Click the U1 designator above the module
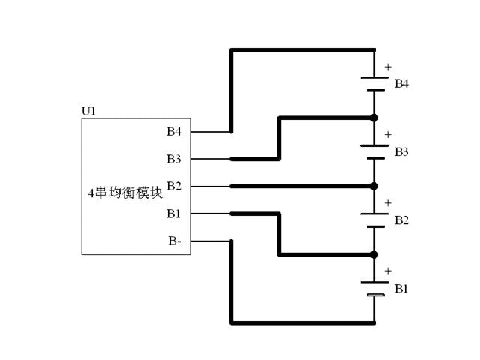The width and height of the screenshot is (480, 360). click(x=88, y=112)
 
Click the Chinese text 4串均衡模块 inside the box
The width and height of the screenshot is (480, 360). click(x=124, y=192)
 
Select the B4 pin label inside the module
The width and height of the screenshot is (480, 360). click(x=174, y=132)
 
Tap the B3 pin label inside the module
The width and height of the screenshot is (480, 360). click(x=174, y=159)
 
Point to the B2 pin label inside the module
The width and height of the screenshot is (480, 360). click(x=174, y=186)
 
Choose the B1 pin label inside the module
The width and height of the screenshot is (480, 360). click(x=174, y=214)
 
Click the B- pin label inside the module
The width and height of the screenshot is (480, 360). click(x=174, y=241)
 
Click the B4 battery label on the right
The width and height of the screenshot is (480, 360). click(x=402, y=83)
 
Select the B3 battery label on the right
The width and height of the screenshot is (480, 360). click(x=402, y=151)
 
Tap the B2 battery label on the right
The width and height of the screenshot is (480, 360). click(x=402, y=220)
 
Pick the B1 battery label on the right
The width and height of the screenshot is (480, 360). click(x=402, y=288)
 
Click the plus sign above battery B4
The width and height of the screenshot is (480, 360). click(x=388, y=67)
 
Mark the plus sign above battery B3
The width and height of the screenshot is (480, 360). click(x=388, y=135)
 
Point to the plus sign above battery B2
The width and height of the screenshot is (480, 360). click(x=388, y=203)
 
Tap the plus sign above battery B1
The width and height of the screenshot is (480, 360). click(x=388, y=271)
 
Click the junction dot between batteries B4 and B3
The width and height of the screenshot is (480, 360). click(x=374, y=118)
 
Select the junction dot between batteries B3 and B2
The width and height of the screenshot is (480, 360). click(x=374, y=186)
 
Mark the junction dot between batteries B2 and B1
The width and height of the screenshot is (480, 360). click(x=374, y=254)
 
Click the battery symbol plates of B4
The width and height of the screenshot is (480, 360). click(x=374, y=83)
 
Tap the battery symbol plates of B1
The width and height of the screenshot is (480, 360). click(x=374, y=288)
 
